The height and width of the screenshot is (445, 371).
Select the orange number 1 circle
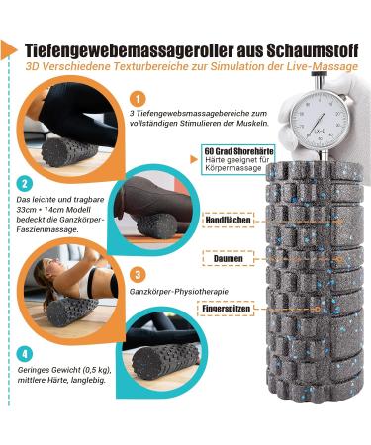(138, 99)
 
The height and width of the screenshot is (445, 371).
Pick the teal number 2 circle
(24, 184)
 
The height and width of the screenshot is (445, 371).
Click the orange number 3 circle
(138, 275)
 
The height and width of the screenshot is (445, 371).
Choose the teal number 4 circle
(24, 354)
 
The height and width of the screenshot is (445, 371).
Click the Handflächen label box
(229, 220)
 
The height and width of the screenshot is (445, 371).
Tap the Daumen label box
(229, 258)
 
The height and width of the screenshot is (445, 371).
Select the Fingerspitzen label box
(226, 309)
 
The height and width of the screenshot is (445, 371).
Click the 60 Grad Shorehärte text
(238, 151)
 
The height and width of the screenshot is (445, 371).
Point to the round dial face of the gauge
(320, 118)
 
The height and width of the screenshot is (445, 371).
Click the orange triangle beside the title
(8, 49)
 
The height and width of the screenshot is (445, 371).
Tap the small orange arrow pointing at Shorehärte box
(194, 160)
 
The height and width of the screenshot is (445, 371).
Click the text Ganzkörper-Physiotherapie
(179, 292)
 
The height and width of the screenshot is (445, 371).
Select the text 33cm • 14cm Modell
(53, 210)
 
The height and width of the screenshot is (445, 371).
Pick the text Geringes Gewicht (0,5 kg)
(64, 370)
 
